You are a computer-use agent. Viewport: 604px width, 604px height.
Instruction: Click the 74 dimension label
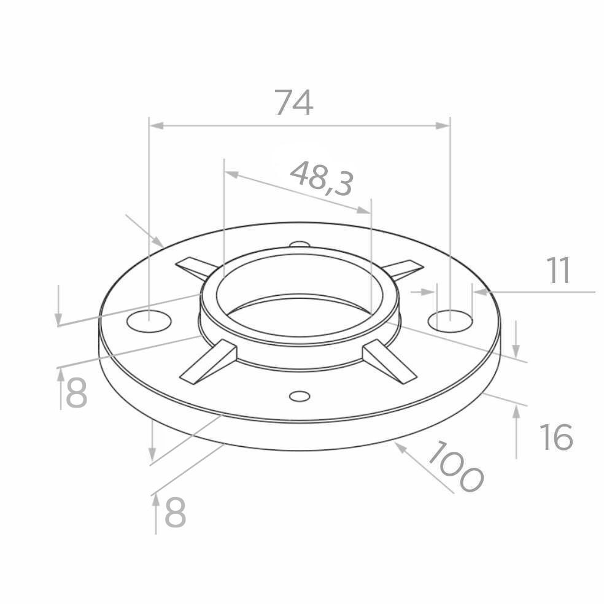293,103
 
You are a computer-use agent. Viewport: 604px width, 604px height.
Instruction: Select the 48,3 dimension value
321,179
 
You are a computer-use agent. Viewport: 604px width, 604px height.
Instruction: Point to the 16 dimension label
556,437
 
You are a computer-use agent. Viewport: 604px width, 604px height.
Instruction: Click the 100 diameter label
455,467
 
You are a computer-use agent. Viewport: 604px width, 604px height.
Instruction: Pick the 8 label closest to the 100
175,513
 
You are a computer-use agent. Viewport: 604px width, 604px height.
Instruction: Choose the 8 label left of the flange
77,393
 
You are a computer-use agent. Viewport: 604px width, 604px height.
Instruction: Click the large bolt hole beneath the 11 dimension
451,320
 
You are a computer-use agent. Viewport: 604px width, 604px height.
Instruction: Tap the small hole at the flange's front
300,395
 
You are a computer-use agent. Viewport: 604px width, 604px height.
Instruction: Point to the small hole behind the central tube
299,244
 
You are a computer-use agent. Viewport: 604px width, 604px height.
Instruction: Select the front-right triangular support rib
388,362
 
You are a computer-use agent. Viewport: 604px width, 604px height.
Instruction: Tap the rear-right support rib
402,268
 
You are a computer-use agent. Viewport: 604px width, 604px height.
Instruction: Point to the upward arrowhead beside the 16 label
516,412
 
